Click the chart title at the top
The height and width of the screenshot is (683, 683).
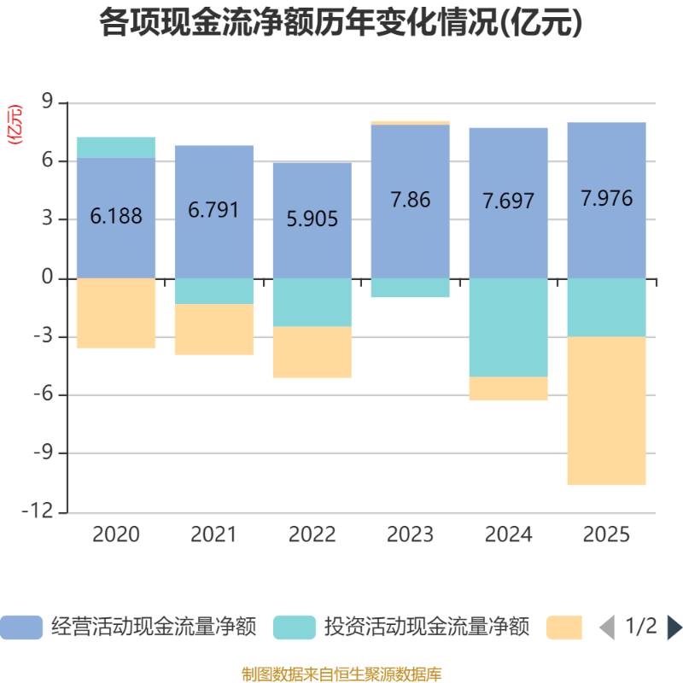click(341, 23)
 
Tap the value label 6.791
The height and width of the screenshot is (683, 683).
click(214, 210)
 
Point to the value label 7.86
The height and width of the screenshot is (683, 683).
click(411, 200)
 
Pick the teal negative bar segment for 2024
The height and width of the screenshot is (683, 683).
click(509, 327)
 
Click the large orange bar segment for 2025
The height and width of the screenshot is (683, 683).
click(607, 411)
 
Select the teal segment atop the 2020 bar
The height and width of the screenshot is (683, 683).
click(116, 147)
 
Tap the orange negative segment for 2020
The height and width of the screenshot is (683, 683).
click(116, 313)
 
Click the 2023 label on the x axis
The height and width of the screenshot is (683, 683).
click(411, 535)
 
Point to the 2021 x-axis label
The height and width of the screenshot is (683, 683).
click(214, 535)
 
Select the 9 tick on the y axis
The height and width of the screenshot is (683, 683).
click(47, 103)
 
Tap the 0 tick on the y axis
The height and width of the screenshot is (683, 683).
click(47, 278)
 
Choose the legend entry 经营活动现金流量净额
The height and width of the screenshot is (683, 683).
click(128, 628)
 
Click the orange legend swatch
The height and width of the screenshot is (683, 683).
click(564, 628)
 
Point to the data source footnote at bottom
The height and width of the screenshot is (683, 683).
click(341, 674)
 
